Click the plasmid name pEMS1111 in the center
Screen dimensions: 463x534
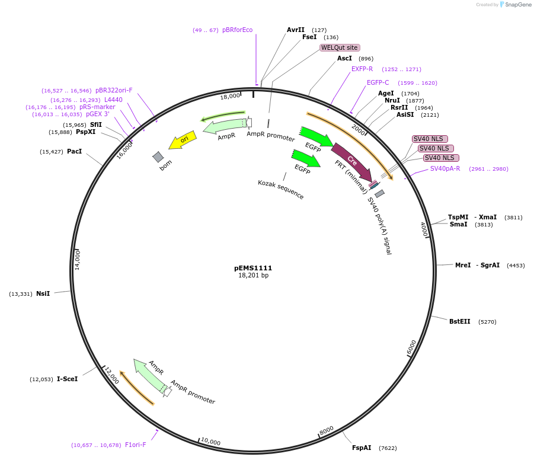click(x=253, y=268)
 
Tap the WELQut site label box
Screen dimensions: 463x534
click(x=340, y=47)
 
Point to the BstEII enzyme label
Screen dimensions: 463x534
click(x=459, y=321)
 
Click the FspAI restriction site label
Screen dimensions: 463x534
click(x=361, y=448)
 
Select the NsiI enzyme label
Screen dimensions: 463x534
click(x=43, y=293)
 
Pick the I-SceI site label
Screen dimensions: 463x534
click(x=67, y=379)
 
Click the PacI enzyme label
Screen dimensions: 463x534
click(x=74, y=152)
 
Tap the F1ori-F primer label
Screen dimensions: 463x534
click(x=136, y=445)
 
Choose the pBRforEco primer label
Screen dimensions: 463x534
click(x=237, y=30)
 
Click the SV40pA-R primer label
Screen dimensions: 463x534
click(x=445, y=168)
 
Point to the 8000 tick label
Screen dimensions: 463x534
click(x=327, y=430)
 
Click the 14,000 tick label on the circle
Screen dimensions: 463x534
click(x=78, y=260)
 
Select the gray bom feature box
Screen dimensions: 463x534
click(x=158, y=157)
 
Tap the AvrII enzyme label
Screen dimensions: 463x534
click(x=295, y=30)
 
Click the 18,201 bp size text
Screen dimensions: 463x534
click(x=253, y=275)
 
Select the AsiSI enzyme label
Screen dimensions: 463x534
click(x=405, y=115)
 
